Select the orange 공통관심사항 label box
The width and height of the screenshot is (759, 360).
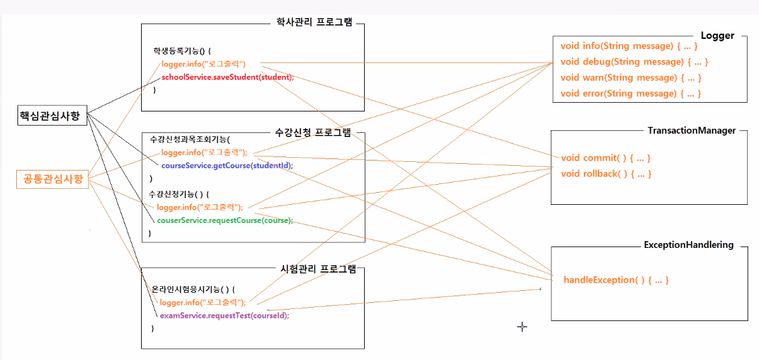(53, 179)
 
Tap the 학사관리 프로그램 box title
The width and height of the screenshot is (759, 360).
(314, 22)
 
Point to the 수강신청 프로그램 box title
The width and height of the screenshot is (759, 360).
(313, 133)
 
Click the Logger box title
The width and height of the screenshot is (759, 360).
(717, 36)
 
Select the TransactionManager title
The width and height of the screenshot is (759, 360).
(692, 130)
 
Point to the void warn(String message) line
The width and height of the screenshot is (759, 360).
(631, 78)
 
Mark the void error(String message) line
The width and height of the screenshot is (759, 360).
(631, 94)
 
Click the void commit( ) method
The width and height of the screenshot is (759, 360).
(605, 158)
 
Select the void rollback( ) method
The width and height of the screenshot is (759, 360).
(607, 174)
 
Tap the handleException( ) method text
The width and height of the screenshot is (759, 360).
(616, 280)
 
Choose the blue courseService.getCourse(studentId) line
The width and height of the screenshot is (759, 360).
(227, 165)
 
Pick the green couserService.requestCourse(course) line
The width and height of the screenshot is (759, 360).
(224, 220)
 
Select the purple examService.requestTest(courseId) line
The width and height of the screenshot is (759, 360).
(224, 315)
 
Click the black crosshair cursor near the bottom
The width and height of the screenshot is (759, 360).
(522, 326)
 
